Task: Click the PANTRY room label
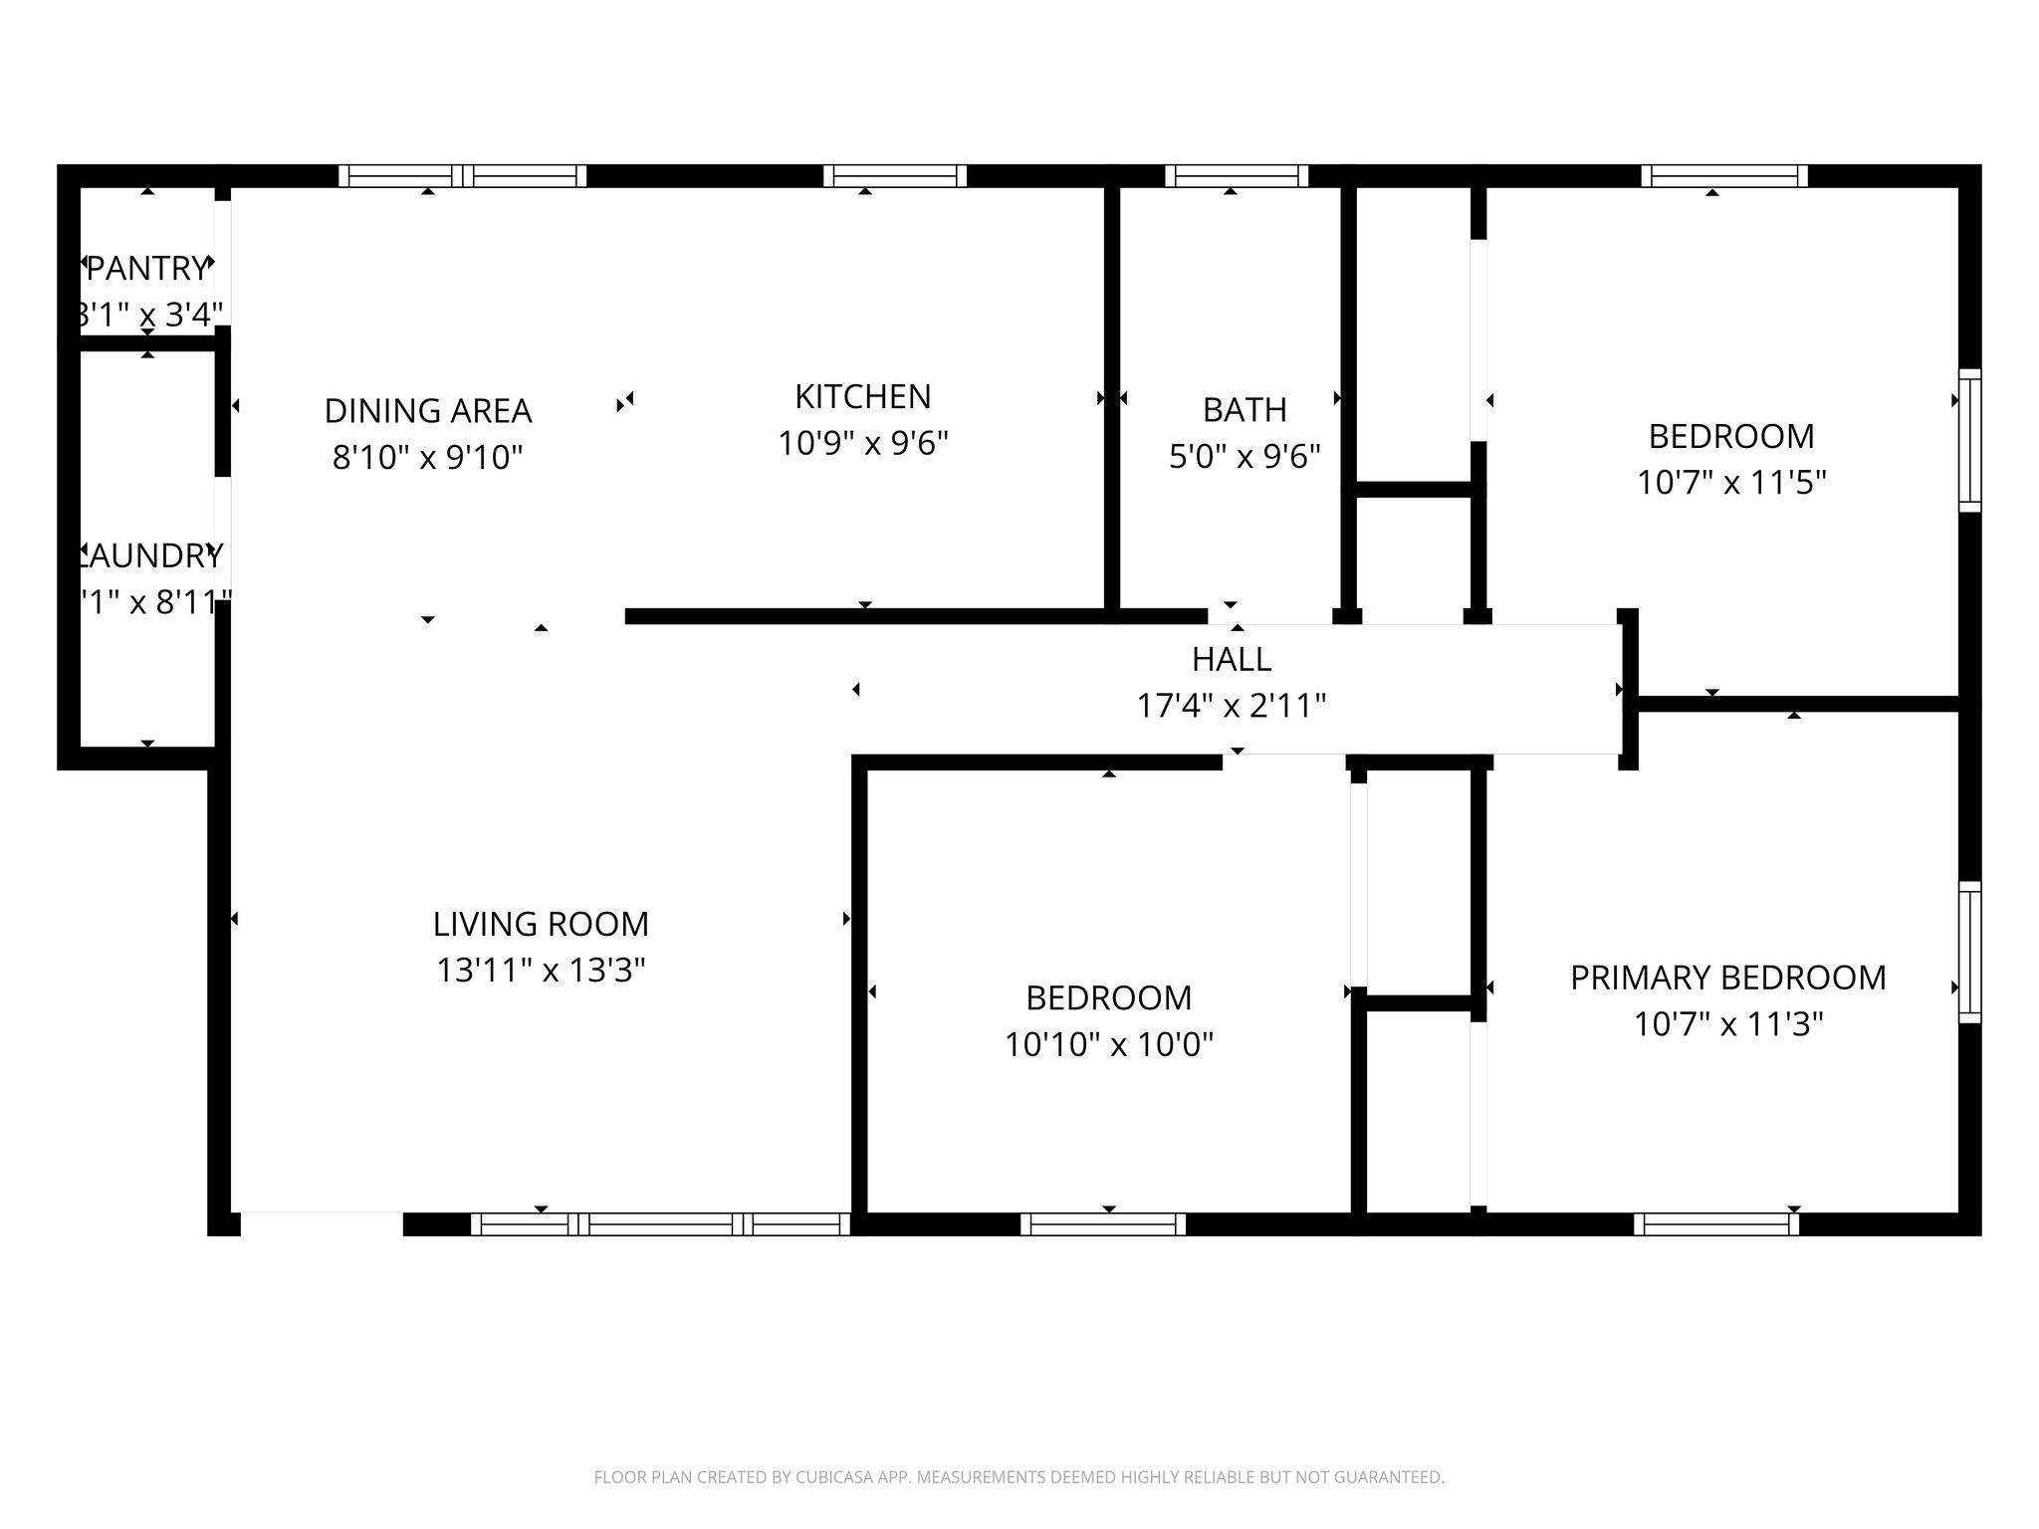tap(147, 269)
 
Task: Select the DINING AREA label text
tap(428, 411)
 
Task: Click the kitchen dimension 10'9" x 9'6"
tap(862, 443)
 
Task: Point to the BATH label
tap(1245, 410)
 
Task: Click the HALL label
tap(1232, 659)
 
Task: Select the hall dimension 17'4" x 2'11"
tap(1232, 706)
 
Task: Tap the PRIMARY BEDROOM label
tap(1727, 978)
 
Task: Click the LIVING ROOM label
tap(541, 924)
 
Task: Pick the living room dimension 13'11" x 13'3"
tap(541, 970)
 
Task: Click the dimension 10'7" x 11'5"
tap(1731, 483)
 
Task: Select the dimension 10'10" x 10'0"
tap(1108, 1044)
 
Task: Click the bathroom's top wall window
tap(1237, 176)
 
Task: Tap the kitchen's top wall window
tap(895, 176)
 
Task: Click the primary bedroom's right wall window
tap(1969, 952)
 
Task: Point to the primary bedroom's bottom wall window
tap(1716, 1223)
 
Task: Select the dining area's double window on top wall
tap(462, 176)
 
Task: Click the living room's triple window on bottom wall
tap(660, 1223)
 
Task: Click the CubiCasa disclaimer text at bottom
tap(1019, 1477)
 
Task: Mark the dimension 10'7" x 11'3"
tap(1727, 1024)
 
